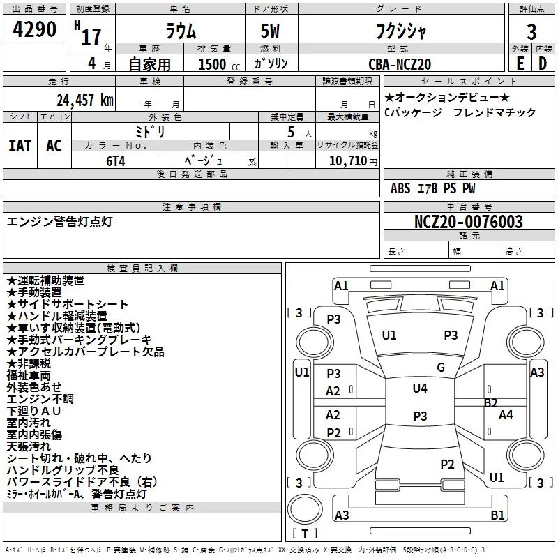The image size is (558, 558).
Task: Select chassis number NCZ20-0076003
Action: (469, 223)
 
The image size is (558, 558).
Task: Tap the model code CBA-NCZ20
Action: (400, 64)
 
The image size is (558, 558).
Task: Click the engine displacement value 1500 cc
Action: (212, 64)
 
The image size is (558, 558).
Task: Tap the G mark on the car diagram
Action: (441, 368)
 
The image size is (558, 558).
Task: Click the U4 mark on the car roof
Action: (419, 389)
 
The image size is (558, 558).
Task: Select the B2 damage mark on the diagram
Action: (491, 402)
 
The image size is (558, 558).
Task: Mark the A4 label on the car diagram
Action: (506, 415)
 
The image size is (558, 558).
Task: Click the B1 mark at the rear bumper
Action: (497, 515)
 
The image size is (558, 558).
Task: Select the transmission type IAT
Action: (20, 146)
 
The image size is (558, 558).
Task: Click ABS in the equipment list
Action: (400, 188)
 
